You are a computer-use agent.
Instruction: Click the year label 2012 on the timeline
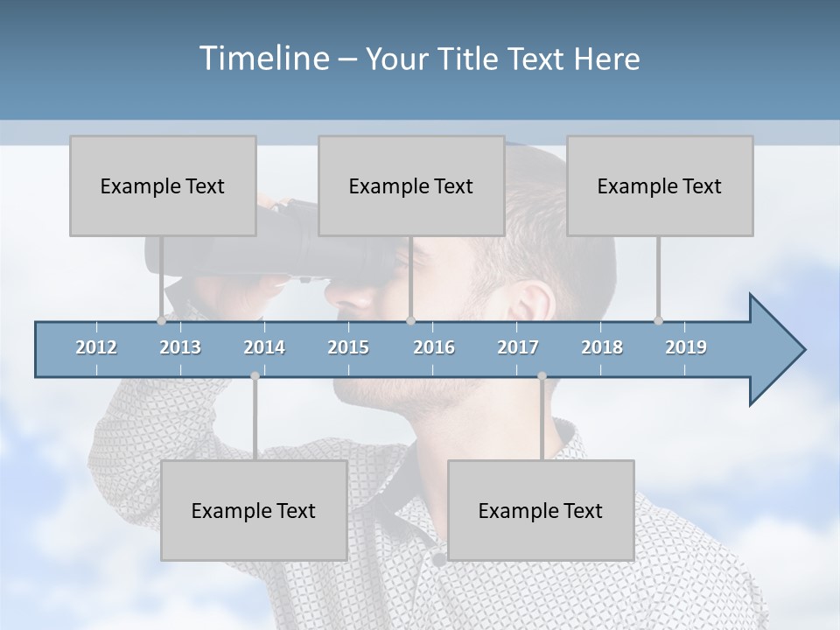[96, 347]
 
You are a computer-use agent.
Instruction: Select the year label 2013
[180, 347]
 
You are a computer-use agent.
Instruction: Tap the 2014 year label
[264, 347]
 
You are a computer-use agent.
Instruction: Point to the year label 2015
[348, 347]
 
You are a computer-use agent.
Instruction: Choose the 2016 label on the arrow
[434, 347]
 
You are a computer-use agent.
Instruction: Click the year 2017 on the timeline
[518, 347]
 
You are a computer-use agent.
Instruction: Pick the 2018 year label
[602, 347]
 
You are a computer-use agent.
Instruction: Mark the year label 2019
[686, 347]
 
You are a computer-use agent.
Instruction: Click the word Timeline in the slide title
[262, 59]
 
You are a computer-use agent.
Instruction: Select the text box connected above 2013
[163, 185]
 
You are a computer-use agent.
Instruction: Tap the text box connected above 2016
[411, 185]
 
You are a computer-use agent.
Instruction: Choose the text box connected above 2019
[660, 185]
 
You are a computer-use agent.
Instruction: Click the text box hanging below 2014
[254, 510]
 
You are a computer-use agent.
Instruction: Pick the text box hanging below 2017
[541, 510]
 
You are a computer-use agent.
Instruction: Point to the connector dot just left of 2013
[161, 321]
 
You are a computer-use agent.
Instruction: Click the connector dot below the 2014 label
[255, 375]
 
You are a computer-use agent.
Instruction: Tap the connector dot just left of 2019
[658, 321]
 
